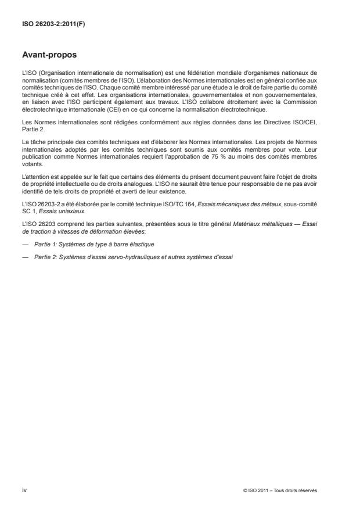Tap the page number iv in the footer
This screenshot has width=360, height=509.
point(24,490)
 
